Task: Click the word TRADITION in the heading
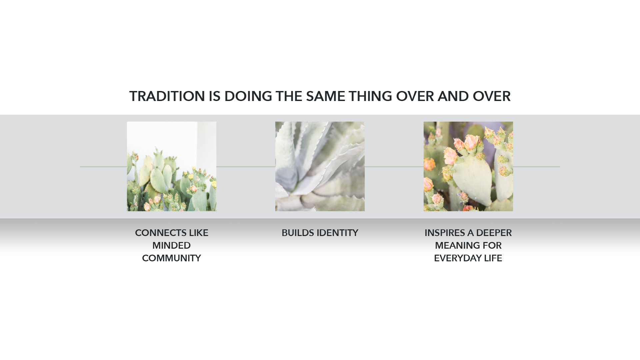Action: [x=167, y=96]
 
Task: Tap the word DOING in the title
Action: [x=248, y=96]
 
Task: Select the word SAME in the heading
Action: [x=325, y=96]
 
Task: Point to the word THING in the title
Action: [x=370, y=96]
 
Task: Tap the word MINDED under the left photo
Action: [x=171, y=246]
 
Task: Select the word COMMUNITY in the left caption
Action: [x=171, y=258]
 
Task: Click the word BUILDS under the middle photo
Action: [x=297, y=233]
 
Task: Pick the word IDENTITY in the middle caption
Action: [x=337, y=233]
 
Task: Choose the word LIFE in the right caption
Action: [x=493, y=258]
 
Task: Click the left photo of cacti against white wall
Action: [x=172, y=166]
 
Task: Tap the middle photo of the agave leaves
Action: [x=320, y=166]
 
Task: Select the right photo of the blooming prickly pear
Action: [x=468, y=166]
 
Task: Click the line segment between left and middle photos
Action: [x=246, y=167]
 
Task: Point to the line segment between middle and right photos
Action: [x=394, y=167]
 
